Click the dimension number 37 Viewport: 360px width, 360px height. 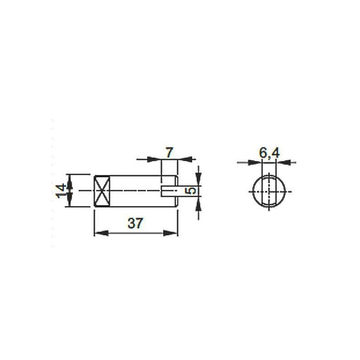135,223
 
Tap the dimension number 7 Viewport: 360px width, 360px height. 169,153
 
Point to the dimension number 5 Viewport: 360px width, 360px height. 192,190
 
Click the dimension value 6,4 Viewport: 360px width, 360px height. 269,153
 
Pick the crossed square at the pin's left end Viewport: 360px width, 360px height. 102,191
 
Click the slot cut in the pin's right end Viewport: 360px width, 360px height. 169,191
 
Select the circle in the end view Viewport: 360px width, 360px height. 269,191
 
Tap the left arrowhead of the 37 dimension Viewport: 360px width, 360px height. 102,233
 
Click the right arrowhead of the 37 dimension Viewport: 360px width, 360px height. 170,233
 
